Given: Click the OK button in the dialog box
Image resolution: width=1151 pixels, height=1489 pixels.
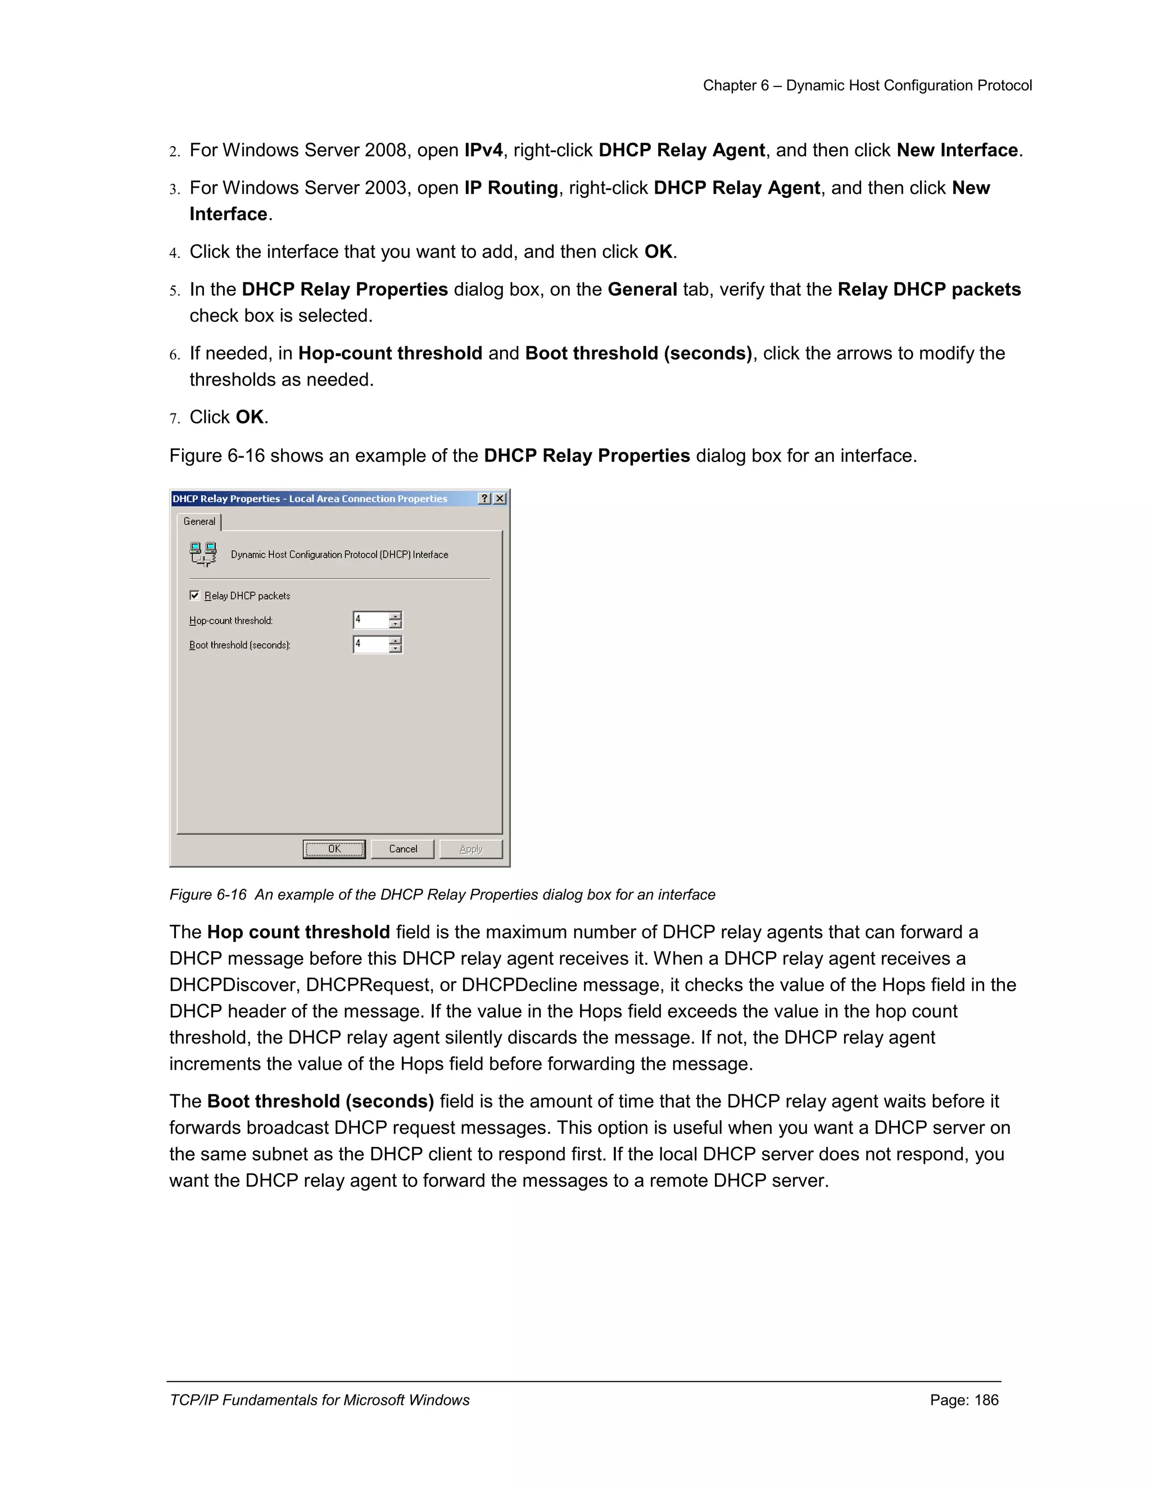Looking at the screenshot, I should [334, 849].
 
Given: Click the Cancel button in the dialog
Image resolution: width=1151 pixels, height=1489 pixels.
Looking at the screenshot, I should [402, 849].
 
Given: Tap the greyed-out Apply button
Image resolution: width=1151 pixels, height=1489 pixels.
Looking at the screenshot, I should [470, 849].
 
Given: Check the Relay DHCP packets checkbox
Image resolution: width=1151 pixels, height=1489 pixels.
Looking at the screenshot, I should [195, 595].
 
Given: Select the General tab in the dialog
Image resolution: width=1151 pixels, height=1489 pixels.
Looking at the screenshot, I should [199, 521].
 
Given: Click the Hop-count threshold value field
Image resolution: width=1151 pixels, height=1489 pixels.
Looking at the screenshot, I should [370, 620].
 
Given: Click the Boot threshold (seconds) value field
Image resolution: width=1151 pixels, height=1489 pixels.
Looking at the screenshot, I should [370, 644].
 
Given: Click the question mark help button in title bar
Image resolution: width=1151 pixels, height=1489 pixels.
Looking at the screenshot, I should [484, 498].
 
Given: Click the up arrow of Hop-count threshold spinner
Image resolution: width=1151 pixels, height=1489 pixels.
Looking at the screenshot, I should [396, 616].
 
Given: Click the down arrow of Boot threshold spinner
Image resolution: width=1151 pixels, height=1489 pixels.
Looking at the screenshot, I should [396, 648].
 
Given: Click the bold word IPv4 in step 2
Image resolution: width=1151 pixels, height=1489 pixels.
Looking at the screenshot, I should [483, 150].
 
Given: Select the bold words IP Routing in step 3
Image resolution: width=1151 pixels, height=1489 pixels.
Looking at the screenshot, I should [511, 188].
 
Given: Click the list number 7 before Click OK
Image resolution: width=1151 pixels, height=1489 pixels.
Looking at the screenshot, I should [175, 418].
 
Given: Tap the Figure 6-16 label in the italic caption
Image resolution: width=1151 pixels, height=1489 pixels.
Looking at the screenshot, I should [208, 895].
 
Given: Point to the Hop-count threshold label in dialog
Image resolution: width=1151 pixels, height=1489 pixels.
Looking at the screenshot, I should [230, 620].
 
